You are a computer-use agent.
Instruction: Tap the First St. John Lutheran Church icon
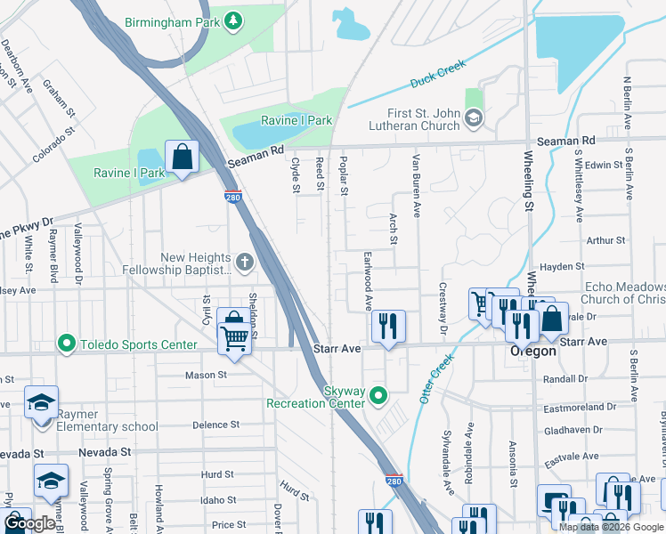(474, 117)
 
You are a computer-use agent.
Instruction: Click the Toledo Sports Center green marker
(66, 344)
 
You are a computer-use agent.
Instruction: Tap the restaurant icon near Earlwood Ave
(387, 326)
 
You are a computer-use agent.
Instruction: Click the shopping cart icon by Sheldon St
(234, 335)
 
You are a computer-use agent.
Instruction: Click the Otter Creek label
(436, 377)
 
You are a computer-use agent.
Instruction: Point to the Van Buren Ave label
(415, 185)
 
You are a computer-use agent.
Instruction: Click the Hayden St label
(562, 266)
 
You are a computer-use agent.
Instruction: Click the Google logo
(29, 523)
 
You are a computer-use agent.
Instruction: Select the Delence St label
(216, 425)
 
